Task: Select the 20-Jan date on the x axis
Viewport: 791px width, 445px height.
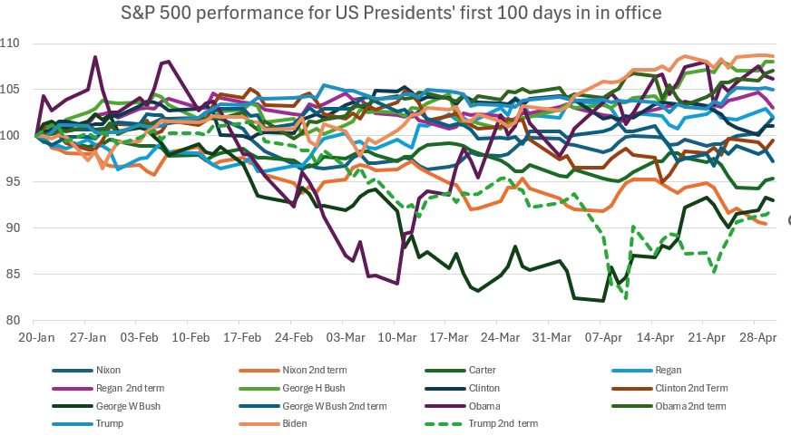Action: click(x=34, y=335)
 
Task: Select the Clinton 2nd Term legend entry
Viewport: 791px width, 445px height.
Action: click(x=684, y=388)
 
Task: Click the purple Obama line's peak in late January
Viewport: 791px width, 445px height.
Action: click(x=95, y=57)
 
